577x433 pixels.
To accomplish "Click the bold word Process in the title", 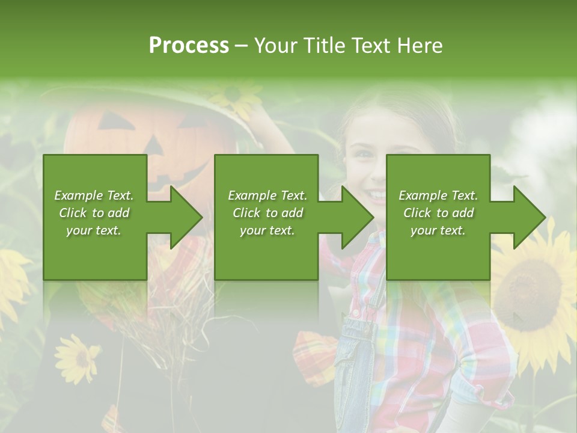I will (189, 46).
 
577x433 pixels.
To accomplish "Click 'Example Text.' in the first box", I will (94, 195).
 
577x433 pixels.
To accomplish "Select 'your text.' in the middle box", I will (267, 230).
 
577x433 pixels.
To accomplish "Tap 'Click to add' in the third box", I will (439, 213).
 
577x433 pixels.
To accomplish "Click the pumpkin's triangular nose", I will (153, 145).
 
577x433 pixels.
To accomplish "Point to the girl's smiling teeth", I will (377, 195).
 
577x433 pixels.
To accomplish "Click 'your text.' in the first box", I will (94, 230).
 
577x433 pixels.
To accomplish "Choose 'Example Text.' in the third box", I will (438, 195).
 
